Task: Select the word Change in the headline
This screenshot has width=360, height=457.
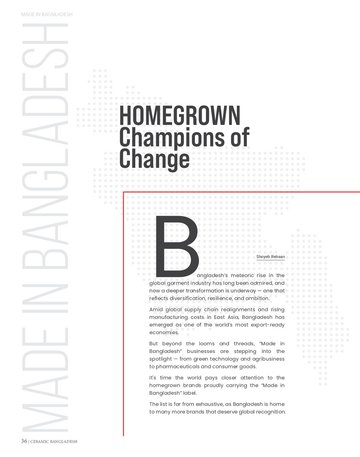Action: point(154,159)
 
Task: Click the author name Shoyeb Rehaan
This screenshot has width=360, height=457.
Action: point(270,257)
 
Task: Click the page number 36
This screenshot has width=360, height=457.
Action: point(24,441)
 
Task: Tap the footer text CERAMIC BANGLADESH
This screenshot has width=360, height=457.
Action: point(54,441)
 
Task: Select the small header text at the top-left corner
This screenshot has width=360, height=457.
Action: point(47,14)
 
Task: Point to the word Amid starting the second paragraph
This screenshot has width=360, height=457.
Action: point(156,309)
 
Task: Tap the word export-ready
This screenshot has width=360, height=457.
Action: point(268,325)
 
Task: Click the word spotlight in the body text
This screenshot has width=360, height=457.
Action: point(161,359)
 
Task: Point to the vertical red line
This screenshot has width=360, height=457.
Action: point(124,323)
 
